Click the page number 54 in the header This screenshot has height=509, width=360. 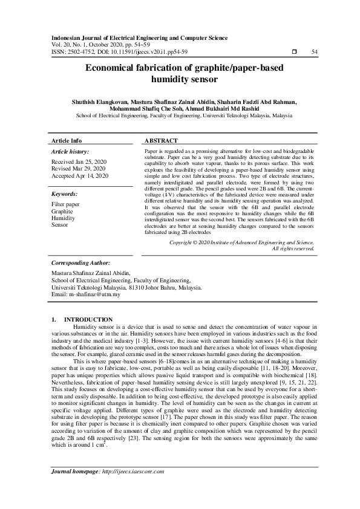pyautogui.click(x=314, y=52)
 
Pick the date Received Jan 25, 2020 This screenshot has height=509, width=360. pyautogui.click(x=79, y=162)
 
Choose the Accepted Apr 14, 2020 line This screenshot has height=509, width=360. pyautogui.click(x=80, y=175)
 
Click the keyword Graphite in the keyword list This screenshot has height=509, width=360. pyautogui.click(x=62, y=212)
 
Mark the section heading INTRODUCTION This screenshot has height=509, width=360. pyautogui.click(x=88, y=319)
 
